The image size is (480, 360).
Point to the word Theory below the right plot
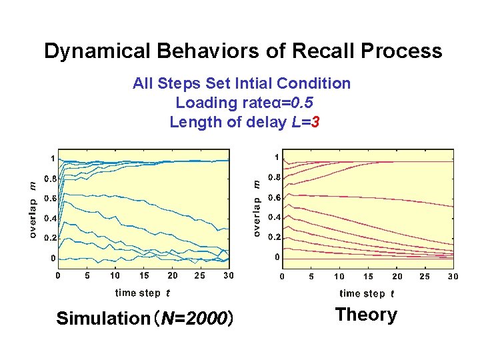click(x=366, y=315)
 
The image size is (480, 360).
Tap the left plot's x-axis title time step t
click(x=142, y=293)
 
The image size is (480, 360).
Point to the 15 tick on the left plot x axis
click(x=144, y=275)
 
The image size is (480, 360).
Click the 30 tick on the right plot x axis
click(x=453, y=276)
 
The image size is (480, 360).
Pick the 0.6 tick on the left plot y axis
click(x=50, y=198)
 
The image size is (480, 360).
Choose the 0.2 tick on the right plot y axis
click(x=274, y=237)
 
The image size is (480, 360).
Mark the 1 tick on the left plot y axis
click(x=53, y=159)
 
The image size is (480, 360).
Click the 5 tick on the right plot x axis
click(x=311, y=276)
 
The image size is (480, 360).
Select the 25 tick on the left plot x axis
click(x=200, y=275)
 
